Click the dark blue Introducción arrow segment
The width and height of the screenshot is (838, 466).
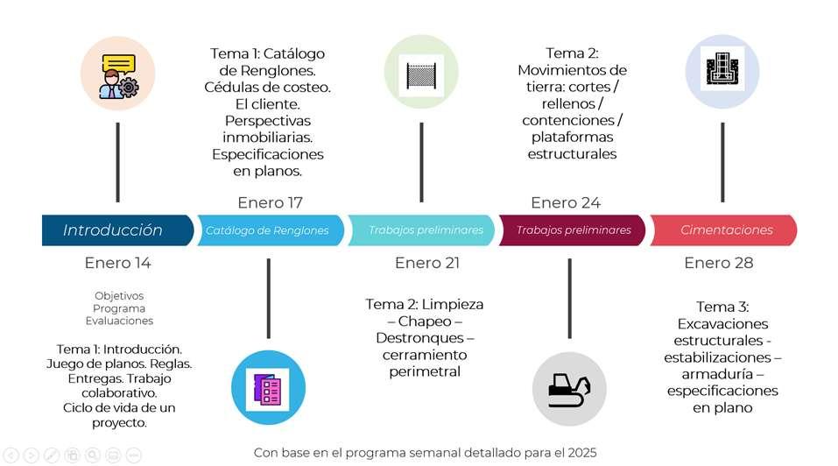click(x=114, y=230)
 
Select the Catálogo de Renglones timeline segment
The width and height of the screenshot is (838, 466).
click(x=268, y=230)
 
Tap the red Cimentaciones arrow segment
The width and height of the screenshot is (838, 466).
click(x=727, y=230)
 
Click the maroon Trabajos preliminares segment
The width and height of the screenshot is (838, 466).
click(x=573, y=230)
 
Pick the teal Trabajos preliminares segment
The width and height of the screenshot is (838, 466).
click(x=425, y=230)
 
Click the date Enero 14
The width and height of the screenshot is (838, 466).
click(x=118, y=263)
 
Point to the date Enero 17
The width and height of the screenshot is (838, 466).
click(x=270, y=203)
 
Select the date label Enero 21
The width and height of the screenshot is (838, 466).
click(x=427, y=263)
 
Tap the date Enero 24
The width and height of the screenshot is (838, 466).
click(x=566, y=203)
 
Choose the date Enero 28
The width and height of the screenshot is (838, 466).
click(x=719, y=263)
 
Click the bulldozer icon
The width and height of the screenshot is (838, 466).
click(x=570, y=387)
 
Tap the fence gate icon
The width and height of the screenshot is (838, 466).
click(x=421, y=73)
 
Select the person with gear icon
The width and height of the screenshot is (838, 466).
click(x=118, y=74)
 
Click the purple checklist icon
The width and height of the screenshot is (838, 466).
click(x=268, y=387)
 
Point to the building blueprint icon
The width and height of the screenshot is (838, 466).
click(x=722, y=71)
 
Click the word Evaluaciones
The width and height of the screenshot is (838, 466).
click(x=118, y=321)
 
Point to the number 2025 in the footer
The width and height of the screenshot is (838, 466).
click(x=579, y=453)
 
